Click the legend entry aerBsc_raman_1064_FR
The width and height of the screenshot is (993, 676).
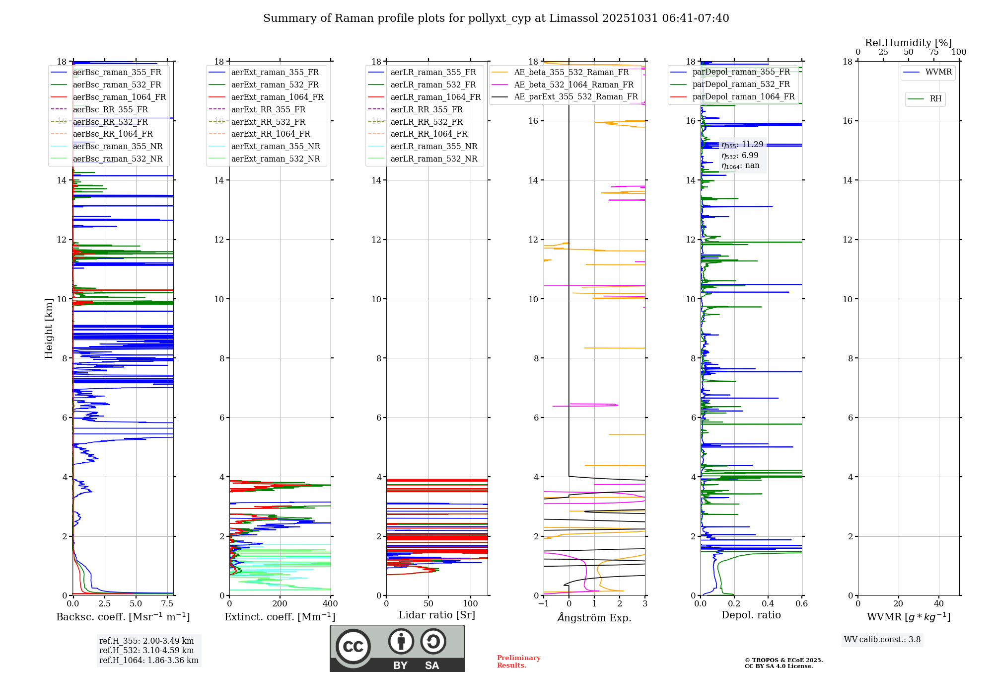click(x=119, y=97)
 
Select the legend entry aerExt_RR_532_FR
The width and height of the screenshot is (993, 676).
click(x=268, y=122)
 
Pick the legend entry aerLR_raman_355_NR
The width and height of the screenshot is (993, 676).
click(x=433, y=147)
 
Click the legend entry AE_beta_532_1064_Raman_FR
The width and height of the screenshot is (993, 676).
click(x=573, y=85)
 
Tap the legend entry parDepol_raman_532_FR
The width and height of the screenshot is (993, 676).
click(x=741, y=84)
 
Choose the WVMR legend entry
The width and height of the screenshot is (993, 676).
click(x=938, y=72)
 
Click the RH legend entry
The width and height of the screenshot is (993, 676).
click(x=935, y=99)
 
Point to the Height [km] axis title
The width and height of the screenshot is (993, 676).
click(x=49, y=328)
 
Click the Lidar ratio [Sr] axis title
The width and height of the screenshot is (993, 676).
click(x=437, y=615)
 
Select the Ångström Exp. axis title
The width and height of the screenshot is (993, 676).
click(x=594, y=618)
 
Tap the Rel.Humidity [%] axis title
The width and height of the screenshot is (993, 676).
click(x=908, y=43)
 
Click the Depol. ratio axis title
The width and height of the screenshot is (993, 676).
click(x=751, y=615)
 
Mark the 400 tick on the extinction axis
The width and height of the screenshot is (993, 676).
click(x=330, y=604)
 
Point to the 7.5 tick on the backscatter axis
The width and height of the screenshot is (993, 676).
click(x=167, y=604)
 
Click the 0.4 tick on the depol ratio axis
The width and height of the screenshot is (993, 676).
click(x=768, y=604)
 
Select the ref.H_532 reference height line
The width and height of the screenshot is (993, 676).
click(x=146, y=651)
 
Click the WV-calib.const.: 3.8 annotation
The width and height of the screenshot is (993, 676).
click(x=882, y=640)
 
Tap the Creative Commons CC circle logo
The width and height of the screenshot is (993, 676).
click(x=353, y=647)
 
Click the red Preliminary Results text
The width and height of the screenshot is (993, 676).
click(x=518, y=662)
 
